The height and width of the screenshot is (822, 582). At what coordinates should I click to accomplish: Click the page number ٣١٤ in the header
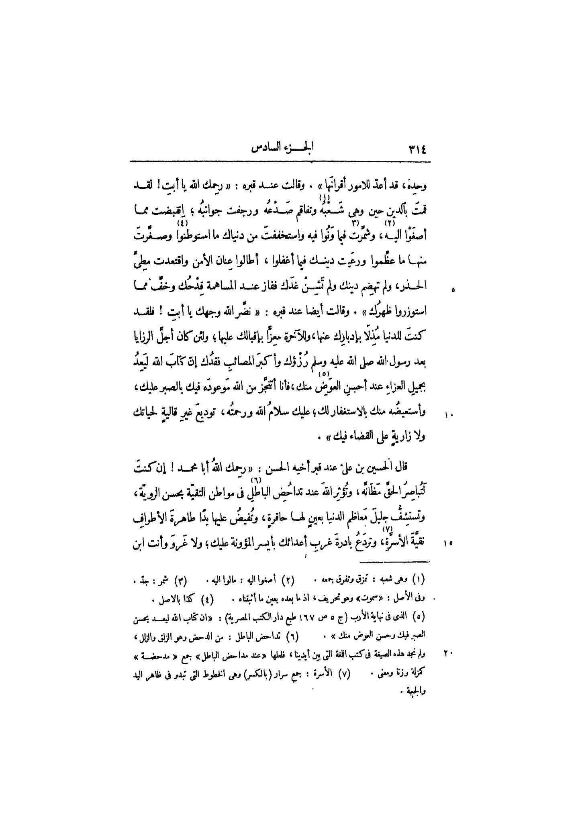(418, 150)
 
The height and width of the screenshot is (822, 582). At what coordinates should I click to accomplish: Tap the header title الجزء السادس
(283, 149)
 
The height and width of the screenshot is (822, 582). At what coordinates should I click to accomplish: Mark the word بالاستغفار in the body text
(337, 412)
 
